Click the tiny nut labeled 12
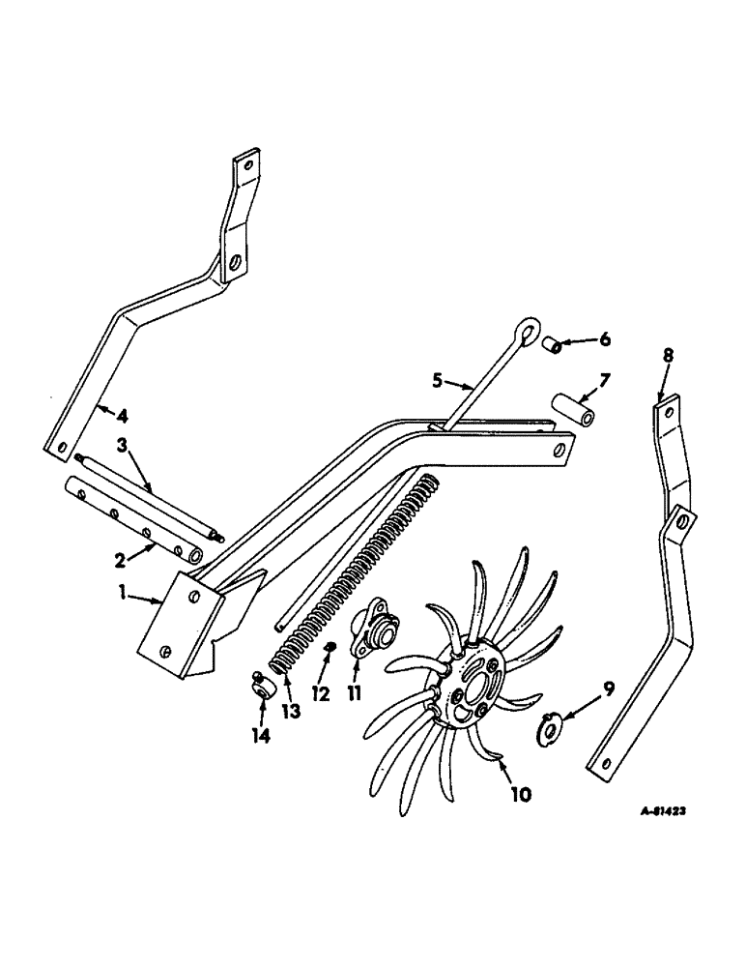click(330, 647)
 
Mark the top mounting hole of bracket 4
click(247, 165)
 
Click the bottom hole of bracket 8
click(605, 764)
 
